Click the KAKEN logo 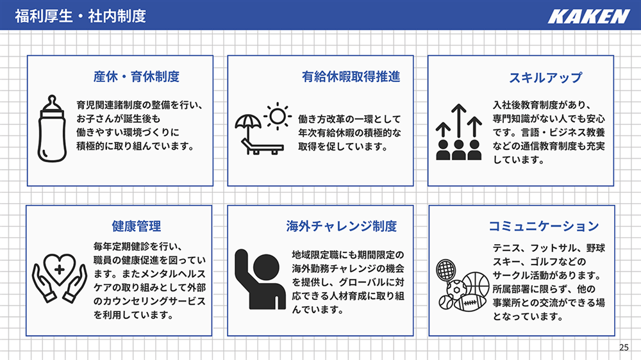(x=588, y=17)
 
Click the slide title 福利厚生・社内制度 (x=81, y=17)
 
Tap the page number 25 (x=624, y=347)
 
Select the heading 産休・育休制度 (x=137, y=76)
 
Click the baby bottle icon (x=52, y=129)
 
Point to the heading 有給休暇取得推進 (x=351, y=76)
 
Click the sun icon (x=278, y=116)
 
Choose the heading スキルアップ (x=545, y=78)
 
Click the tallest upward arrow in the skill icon (x=459, y=121)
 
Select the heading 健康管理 (x=137, y=226)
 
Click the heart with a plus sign (x=60, y=268)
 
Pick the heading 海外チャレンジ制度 (x=342, y=226)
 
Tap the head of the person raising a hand (x=266, y=268)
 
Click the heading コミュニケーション (x=544, y=226)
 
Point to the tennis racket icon (x=446, y=270)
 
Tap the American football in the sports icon (x=469, y=303)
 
